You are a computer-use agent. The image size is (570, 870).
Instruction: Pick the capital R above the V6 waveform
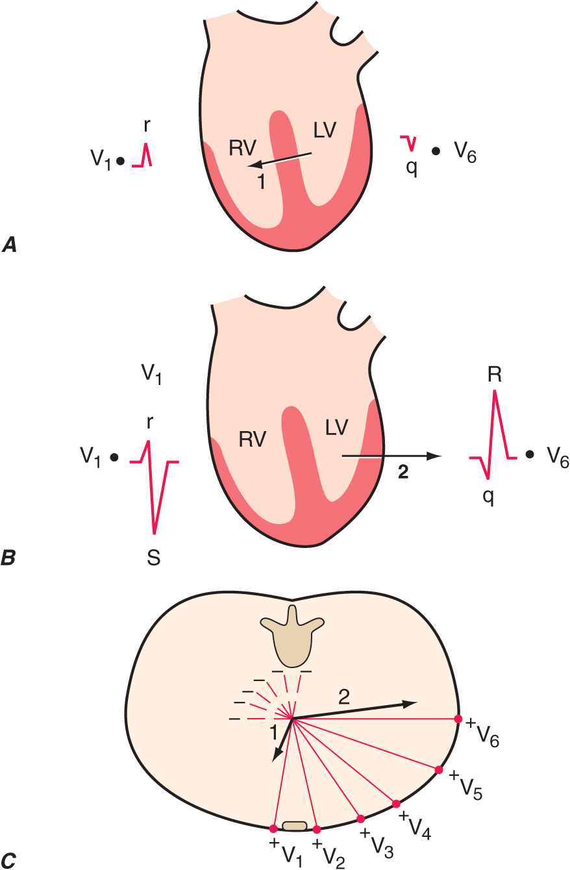click(495, 375)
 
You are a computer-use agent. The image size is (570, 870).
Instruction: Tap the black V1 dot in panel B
click(114, 457)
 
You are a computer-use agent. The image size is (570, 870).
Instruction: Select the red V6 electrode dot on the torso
click(458, 719)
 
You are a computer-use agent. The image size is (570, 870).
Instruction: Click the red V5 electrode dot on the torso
click(439, 770)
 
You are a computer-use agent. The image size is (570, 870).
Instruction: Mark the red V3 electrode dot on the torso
click(361, 819)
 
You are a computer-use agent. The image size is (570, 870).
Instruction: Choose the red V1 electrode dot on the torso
click(273, 828)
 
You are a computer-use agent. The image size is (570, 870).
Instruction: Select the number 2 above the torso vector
click(345, 697)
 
